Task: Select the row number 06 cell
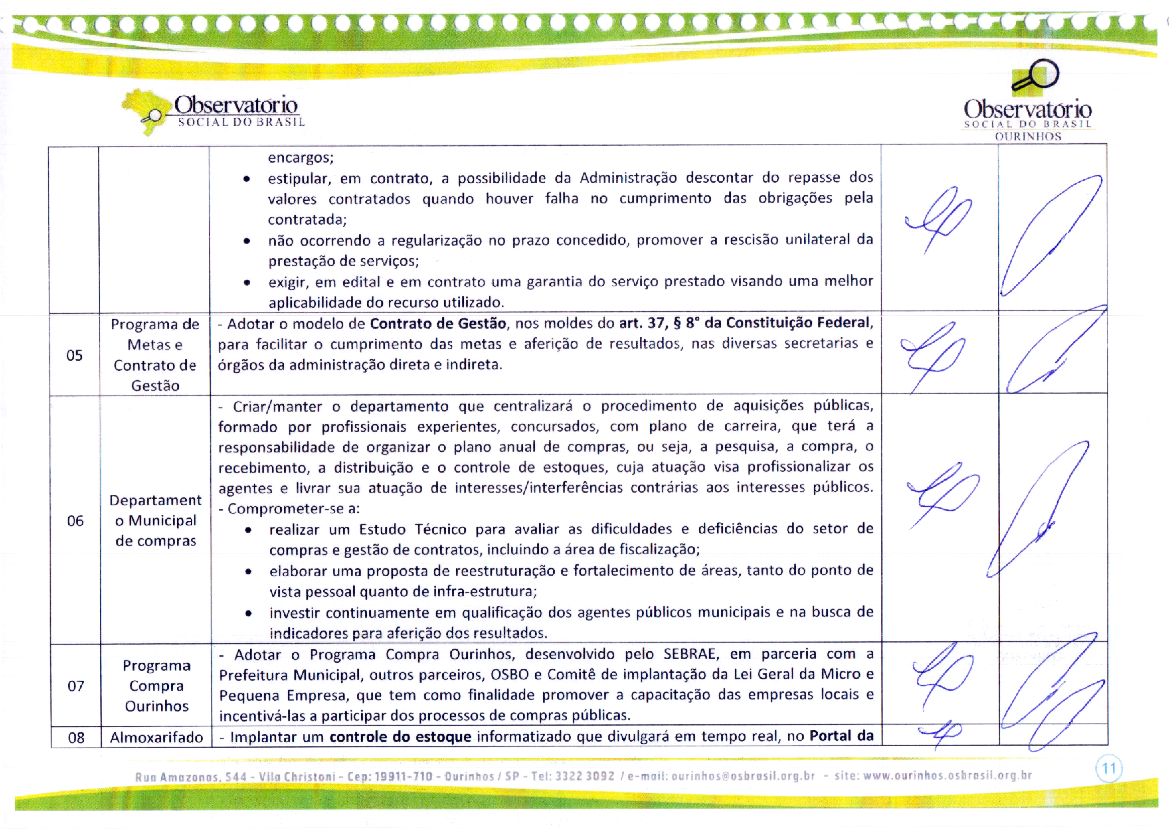[x=75, y=521]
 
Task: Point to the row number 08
[x=76, y=737]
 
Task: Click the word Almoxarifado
[x=156, y=737]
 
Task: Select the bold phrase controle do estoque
[x=400, y=737]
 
